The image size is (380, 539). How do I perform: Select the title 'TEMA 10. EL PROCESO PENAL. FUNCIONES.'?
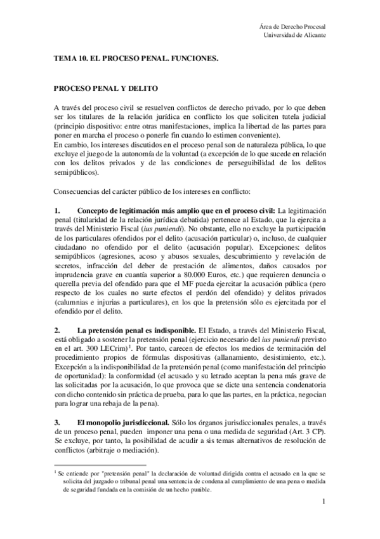click(x=136, y=58)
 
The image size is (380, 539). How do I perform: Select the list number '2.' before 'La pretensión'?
click(x=57, y=331)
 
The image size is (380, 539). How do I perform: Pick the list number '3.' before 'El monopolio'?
click(x=57, y=423)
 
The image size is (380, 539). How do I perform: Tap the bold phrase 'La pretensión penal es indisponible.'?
click(x=136, y=331)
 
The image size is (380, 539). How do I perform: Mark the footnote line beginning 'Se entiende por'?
click(x=190, y=474)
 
